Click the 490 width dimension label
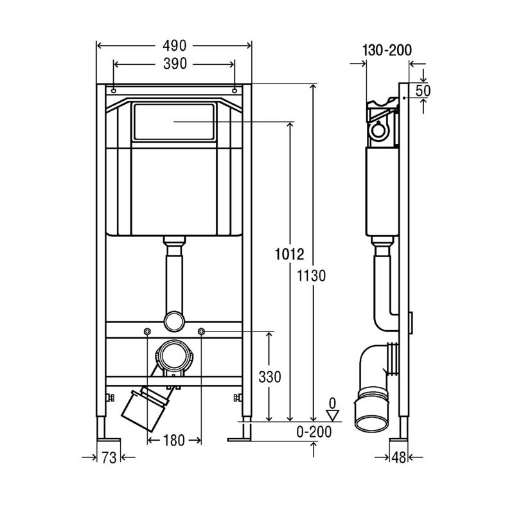point(174,46)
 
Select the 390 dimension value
point(175,64)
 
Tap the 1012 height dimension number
point(290,254)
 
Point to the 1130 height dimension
point(311,276)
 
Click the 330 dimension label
point(270,377)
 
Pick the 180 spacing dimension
point(173,440)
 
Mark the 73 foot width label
point(109,457)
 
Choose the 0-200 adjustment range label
point(314,432)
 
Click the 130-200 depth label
point(387,50)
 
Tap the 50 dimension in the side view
point(423,91)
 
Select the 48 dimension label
point(398,457)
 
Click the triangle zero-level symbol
point(333,415)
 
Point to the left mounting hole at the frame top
point(114,91)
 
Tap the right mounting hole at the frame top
point(235,91)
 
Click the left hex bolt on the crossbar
point(147,332)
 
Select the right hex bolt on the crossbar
point(201,332)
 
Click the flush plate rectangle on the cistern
point(174,121)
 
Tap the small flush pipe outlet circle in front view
point(174,321)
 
